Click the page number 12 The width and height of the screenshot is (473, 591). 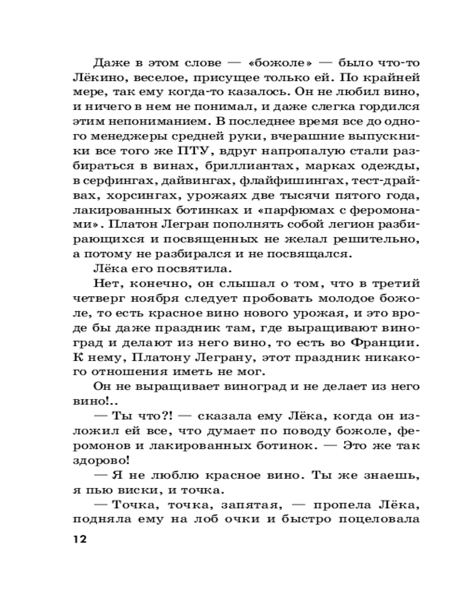point(78,539)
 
